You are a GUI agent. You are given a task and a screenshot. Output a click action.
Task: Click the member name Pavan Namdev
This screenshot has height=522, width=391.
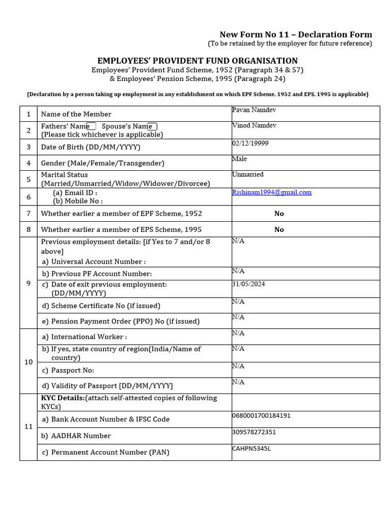(x=254, y=110)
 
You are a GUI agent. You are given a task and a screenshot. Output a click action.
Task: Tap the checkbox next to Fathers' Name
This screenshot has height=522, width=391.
(x=92, y=126)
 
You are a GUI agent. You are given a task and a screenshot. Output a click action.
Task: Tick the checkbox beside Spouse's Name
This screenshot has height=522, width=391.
(x=153, y=126)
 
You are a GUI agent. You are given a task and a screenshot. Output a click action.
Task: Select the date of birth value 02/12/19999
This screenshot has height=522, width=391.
(x=250, y=143)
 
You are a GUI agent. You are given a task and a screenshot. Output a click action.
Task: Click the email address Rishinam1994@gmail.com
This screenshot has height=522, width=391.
(x=271, y=192)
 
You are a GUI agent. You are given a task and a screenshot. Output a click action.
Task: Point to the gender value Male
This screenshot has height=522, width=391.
(x=239, y=159)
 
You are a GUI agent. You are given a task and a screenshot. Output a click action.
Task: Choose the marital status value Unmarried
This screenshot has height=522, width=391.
(x=247, y=174)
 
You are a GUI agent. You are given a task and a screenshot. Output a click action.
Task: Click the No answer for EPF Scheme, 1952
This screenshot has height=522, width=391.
(x=279, y=214)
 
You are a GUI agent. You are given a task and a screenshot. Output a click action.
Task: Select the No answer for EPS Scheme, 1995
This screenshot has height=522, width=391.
(x=279, y=229)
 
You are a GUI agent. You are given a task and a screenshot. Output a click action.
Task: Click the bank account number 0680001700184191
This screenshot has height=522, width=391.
(x=261, y=415)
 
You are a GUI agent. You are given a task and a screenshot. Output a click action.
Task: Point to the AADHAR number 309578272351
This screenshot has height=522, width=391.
(x=254, y=432)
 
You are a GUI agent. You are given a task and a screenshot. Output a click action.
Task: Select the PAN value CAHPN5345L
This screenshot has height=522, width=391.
(x=252, y=448)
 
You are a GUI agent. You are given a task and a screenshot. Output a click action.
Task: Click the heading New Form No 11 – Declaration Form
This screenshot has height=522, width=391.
(x=296, y=34)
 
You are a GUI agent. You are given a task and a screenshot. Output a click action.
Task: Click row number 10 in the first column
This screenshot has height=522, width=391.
(x=29, y=361)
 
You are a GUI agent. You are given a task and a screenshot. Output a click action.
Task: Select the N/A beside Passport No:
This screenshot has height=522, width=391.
(x=238, y=366)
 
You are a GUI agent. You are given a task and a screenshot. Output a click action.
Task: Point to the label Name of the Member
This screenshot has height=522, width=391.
(x=76, y=114)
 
